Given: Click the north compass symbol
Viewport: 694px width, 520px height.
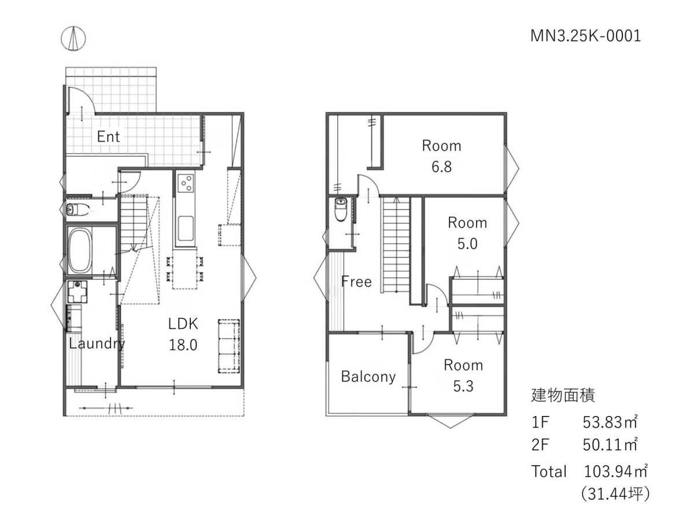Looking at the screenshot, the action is (73, 39).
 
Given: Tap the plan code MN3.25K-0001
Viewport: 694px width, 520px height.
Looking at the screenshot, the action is (585, 36).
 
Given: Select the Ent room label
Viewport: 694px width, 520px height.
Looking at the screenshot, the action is (109, 137).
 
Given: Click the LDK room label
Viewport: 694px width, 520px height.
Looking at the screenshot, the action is (183, 324).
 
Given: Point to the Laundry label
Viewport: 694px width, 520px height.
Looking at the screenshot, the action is (97, 344).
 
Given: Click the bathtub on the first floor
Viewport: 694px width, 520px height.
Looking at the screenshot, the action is (79, 250).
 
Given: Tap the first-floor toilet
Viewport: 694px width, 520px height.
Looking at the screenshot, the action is (77, 209).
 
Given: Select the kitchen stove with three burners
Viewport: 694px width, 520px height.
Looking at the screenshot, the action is (186, 183).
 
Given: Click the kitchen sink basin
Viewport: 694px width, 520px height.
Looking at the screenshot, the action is (186, 229).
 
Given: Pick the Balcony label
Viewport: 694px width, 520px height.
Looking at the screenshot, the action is (368, 377).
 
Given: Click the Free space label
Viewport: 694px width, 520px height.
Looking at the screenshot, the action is (356, 281).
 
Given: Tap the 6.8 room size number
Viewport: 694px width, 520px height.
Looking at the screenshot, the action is (441, 167).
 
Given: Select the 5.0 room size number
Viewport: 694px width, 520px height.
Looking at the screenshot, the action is (467, 244).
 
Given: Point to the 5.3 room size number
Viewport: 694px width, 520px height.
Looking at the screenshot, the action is (463, 386).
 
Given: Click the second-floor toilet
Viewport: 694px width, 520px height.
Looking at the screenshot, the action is (341, 209).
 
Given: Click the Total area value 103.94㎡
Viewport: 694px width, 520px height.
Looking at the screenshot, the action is (615, 471).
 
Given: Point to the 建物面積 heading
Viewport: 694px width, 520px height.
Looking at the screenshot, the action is (563, 395).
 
